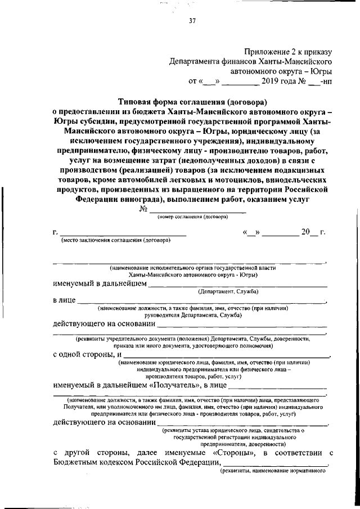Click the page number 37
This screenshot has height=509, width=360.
(x=192, y=22)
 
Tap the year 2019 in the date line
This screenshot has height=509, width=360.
(x=271, y=81)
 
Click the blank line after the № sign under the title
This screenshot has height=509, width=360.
(x=197, y=210)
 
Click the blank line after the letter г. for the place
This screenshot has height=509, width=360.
(x=123, y=232)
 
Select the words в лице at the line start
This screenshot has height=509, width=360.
(x=64, y=301)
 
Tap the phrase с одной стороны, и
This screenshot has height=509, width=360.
(x=88, y=355)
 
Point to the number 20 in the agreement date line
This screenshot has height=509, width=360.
(x=306, y=231)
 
